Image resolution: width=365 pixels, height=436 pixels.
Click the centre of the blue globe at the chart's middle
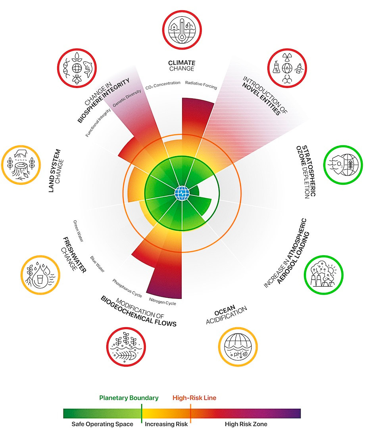(182, 193)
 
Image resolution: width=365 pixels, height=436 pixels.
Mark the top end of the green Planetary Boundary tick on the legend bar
(142, 404)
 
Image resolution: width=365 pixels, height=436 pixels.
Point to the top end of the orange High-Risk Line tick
(191, 404)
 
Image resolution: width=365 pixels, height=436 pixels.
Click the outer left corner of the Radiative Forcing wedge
(182, 98)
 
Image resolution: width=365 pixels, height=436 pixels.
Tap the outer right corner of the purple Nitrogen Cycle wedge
(182, 299)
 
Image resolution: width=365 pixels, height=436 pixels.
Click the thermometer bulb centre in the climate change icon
(182, 37)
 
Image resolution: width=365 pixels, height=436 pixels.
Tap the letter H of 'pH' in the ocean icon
(238, 354)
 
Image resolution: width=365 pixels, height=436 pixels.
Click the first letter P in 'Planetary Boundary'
(101, 398)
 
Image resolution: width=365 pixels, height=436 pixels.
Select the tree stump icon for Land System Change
(21, 165)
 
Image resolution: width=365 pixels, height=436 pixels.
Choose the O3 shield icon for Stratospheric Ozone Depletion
(343, 165)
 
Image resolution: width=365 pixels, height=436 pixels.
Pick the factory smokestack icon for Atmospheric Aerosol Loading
(323, 275)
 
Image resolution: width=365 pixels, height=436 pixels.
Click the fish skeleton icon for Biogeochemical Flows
(126, 347)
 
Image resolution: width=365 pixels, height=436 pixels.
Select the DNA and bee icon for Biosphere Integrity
(77, 68)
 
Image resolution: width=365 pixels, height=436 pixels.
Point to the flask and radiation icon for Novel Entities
(287, 68)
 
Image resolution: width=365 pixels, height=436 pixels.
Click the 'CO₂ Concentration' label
(163, 85)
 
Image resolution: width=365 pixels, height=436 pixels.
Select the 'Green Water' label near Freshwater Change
(78, 231)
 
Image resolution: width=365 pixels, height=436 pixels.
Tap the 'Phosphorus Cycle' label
(127, 288)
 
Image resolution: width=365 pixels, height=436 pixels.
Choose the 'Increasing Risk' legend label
(166, 424)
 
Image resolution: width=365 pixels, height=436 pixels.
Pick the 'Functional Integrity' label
(98, 122)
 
